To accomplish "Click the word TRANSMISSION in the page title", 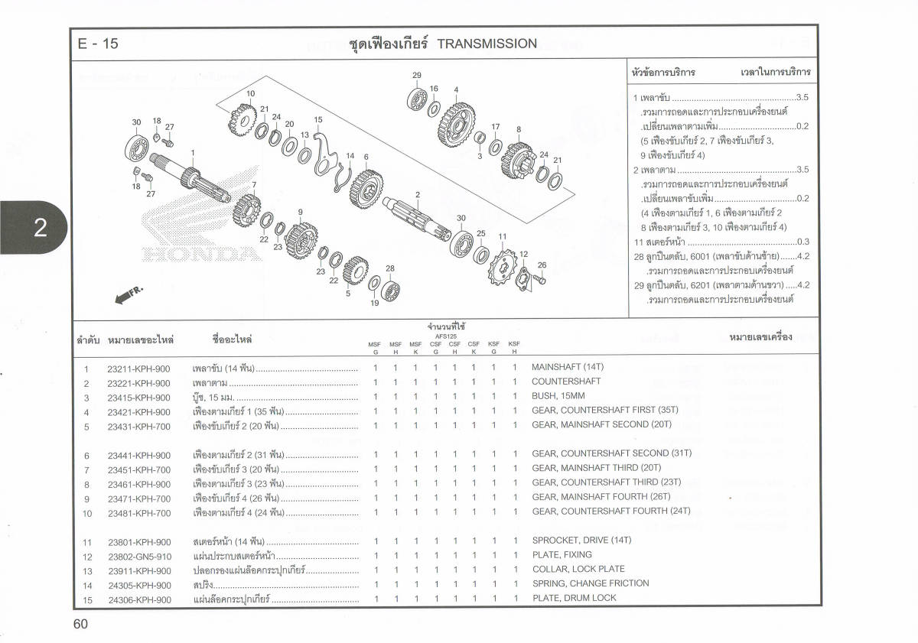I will coord(487,44).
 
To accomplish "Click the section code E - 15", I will coord(98,44).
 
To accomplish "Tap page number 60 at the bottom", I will coord(81,624).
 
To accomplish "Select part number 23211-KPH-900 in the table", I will coord(138,369).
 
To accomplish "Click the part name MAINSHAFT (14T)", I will coord(568,367).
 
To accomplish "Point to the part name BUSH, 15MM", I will coord(558,396).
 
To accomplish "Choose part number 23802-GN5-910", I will coord(139,557).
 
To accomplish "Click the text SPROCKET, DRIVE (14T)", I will coord(581,540).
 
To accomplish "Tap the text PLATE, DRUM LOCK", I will coord(574,598).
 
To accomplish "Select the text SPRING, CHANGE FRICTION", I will coord(591,583).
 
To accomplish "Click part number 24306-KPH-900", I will coord(139,600).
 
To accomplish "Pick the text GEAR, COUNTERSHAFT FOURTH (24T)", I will coord(611,511).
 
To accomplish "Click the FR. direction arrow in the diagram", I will coord(129,294).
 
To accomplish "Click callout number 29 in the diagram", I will coord(417,75).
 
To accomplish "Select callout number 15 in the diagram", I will coord(318,120).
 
